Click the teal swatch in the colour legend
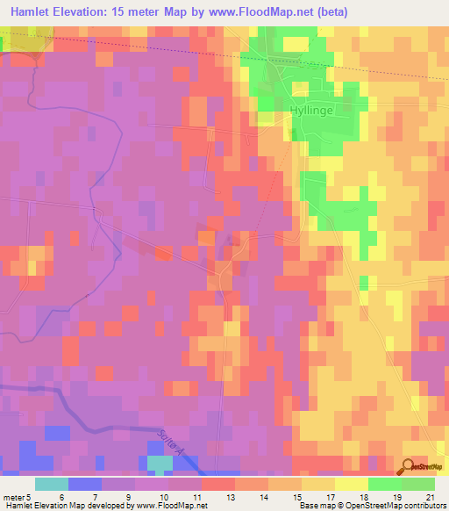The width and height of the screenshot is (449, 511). click(52, 484)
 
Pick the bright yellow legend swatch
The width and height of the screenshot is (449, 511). click(352, 484)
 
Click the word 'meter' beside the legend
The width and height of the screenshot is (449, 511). click(15, 495)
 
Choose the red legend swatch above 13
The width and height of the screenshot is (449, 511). click(218, 484)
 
